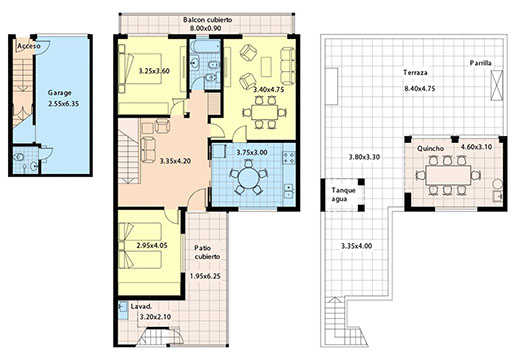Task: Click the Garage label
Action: [x=59, y=93]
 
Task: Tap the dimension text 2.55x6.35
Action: [x=64, y=104]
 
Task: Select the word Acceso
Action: [x=29, y=46]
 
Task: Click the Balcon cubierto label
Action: [x=207, y=20]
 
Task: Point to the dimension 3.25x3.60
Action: [x=154, y=71]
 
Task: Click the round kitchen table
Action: [x=248, y=178]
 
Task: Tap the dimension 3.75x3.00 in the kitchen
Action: [x=252, y=152]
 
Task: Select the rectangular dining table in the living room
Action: [x=265, y=112]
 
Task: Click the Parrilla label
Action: [x=481, y=63]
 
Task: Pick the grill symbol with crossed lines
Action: [x=496, y=85]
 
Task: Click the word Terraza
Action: [x=415, y=72]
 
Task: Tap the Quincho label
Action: [x=430, y=148]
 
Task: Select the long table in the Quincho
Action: [x=448, y=175]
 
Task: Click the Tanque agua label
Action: [x=343, y=195]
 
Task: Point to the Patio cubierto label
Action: [x=207, y=252]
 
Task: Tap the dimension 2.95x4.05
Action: [x=152, y=246]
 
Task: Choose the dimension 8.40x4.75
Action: [x=420, y=88]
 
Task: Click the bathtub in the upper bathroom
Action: [x=205, y=46]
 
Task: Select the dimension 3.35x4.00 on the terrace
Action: [x=357, y=246]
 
